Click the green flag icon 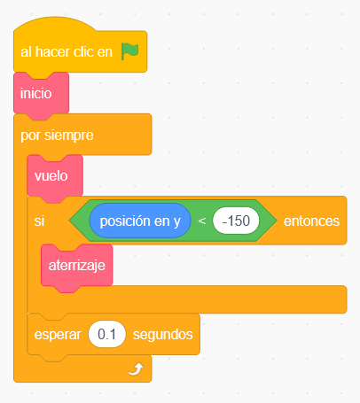(x=129, y=51)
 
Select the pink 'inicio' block (x=41, y=94)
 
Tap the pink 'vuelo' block (x=55, y=176)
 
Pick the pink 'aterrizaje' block (x=77, y=266)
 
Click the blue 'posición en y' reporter (x=140, y=221)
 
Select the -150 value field (x=236, y=221)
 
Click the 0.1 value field (x=107, y=334)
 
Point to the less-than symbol (x=202, y=221)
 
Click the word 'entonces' (x=311, y=221)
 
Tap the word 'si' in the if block (x=39, y=221)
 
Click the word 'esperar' (x=58, y=335)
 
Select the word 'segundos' (x=163, y=335)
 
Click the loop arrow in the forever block (x=136, y=369)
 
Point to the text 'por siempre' (x=57, y=136)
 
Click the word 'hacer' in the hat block (x=52, y=52)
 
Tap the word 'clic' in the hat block (x=83, y=52)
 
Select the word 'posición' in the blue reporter (x=125, y=221)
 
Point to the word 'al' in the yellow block (x=26, y=52)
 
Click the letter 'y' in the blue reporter (x=176, y=222)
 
